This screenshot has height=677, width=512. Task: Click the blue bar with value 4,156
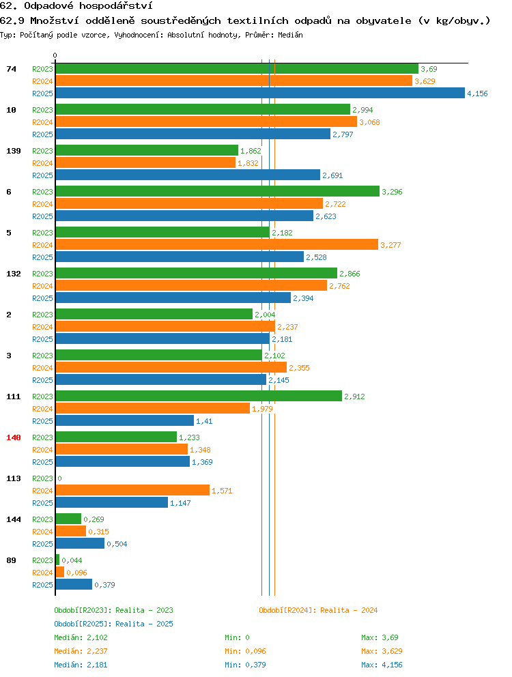tap(260, 93)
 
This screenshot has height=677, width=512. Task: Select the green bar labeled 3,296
tap(217, 191)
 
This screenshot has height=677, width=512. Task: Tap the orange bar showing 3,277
tap(217, 244)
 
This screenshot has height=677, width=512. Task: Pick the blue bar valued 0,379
tap(74, 584)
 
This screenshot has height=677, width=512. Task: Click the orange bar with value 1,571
tap(132, 490)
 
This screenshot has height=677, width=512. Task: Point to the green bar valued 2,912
tap(199, 396)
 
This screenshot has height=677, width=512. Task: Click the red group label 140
tap(14, 437)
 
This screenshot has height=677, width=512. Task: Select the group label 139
tap(14, 151)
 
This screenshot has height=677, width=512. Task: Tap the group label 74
tap(11, 69)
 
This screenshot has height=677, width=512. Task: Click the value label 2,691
tap(332, 175)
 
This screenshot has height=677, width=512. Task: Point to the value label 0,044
tap(72, 560)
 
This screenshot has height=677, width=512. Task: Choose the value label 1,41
tap(204, 421)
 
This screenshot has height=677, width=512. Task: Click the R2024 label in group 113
tap(42, 491)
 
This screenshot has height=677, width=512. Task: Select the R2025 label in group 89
tap(42, 585)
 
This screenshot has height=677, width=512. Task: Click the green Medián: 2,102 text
tap(81, 637)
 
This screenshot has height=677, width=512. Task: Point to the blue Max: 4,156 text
tap(382, 665)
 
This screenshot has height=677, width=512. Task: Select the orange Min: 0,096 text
tap(245, 651)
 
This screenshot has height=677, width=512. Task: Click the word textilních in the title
tap(258, 20)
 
